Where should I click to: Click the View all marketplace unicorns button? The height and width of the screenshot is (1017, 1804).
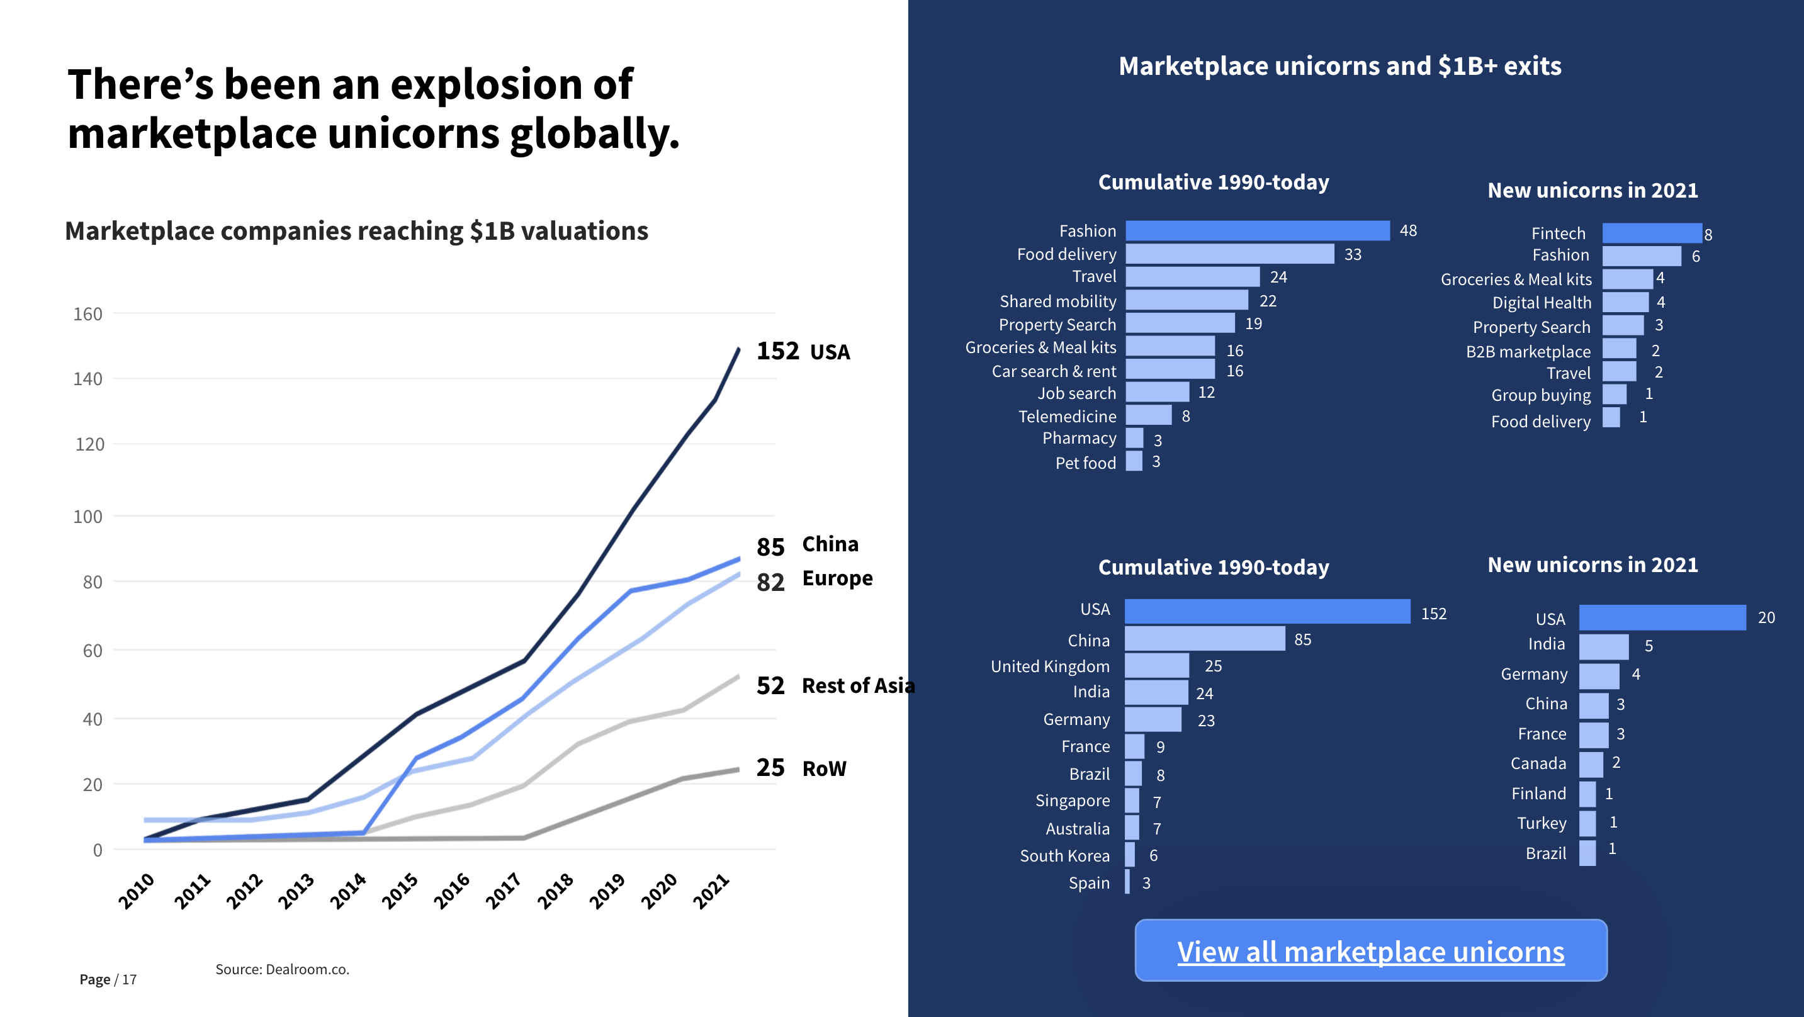coord(1370,950)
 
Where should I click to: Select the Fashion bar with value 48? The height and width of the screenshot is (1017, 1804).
coord(1257,230)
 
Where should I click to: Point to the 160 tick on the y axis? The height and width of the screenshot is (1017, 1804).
coord(87,314)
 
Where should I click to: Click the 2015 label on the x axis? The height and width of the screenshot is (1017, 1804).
coord(400,891)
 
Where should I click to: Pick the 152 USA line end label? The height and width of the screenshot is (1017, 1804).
coord(803,351)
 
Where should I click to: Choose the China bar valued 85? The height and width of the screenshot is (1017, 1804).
coord(1205,639)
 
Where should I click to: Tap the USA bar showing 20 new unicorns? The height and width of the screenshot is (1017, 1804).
coord(1662,617)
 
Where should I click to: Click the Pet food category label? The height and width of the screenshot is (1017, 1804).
coord(1085,463)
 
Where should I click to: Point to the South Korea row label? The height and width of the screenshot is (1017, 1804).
coord(1064,855)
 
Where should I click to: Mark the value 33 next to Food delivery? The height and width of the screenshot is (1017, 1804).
coord(1352,254)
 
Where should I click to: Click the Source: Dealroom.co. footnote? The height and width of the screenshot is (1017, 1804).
coord(282,969)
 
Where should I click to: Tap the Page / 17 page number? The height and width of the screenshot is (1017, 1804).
coord(108,979)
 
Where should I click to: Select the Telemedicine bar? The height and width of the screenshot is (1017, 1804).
coord(1148,415)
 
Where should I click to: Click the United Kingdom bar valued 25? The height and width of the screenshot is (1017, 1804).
coord(1156,665)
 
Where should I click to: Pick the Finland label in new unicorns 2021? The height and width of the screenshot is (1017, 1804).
coord(1538,793)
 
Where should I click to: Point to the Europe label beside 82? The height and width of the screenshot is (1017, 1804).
coord(837,578)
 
